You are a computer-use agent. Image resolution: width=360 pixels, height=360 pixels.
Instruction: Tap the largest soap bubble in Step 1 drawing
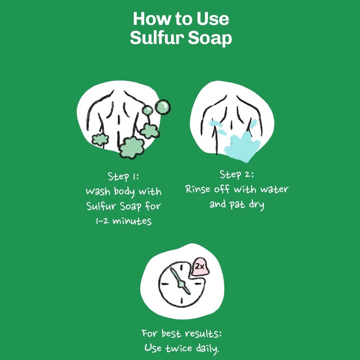[x=162, y=107]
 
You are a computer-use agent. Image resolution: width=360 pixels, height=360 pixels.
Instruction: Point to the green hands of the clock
[x=180, y=282]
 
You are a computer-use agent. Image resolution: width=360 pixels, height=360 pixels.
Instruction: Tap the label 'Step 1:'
[x=123, y=176]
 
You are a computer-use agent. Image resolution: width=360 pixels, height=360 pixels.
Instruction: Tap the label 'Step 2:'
[x=237, y=175]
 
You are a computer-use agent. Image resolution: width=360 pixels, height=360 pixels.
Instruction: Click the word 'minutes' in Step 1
[x=132, y=221]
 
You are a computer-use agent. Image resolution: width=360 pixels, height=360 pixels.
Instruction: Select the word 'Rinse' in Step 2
[x=198, y=189]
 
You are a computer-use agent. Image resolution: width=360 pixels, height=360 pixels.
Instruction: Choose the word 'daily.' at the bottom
[x=207, y=348]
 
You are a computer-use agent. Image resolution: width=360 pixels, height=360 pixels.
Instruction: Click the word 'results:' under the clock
[x=204, y=334]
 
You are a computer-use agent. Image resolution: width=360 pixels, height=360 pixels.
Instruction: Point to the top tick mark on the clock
[x=181, y=268]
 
